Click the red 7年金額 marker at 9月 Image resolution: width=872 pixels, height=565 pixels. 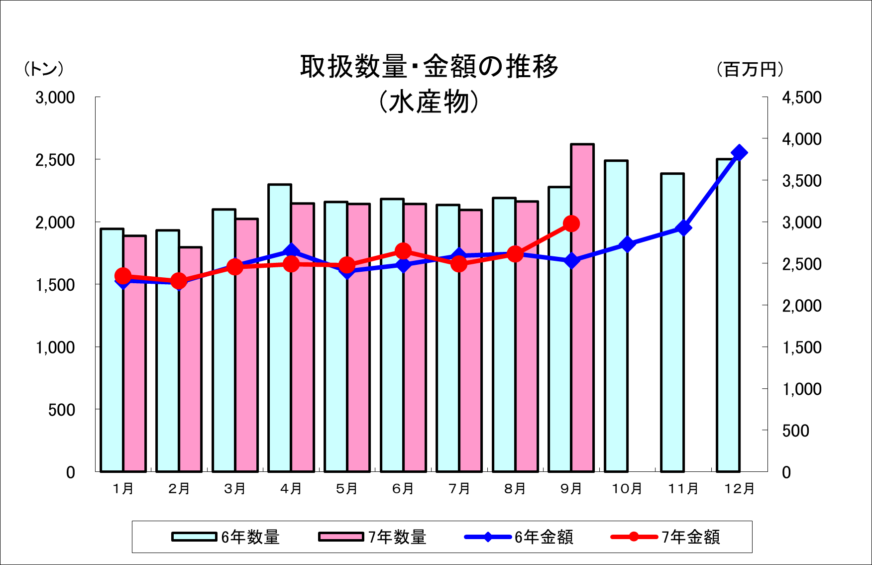click(571, 224)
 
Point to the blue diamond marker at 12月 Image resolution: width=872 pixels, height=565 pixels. click(739, 153)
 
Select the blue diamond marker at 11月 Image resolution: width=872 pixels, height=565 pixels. click(684, 228)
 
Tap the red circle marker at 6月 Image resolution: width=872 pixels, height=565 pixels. click(403, 251)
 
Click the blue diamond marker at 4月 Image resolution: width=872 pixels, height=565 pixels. click(291, 251)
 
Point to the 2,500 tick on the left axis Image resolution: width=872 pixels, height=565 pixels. click(55, 160)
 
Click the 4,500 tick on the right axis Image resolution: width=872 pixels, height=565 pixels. click(801, 98)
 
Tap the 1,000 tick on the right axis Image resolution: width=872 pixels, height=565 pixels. click(801, 389)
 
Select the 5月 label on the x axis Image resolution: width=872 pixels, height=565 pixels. click(347, 489)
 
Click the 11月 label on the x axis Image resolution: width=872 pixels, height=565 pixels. click(683, 489)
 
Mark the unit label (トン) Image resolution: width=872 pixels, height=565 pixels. click(44, 69)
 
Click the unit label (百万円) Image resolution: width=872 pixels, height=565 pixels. click(750, 69)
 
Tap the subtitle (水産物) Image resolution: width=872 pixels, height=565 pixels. click(429, 103)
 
